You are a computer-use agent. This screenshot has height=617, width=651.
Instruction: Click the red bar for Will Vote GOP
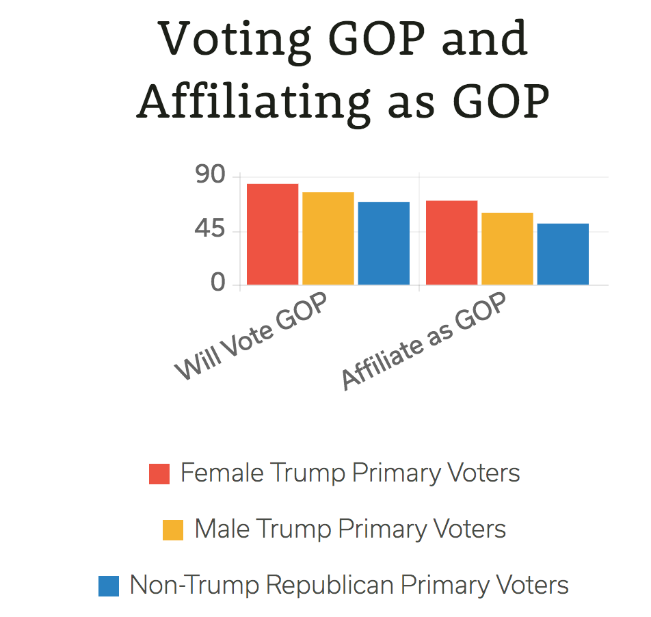(x=272, y=234)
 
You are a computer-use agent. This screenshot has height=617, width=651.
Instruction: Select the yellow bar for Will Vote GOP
(x=328, y=238)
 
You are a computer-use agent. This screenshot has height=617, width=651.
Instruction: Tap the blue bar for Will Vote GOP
(x=384, y=243)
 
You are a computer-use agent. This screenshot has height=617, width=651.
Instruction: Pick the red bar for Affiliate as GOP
(x=451, y=242)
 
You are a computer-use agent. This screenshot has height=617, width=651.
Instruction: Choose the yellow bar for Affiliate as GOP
(x=507, y=248)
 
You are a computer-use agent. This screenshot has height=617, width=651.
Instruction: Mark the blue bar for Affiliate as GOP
(x=563, y=254)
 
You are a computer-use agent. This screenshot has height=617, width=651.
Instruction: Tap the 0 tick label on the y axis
(x=218, y=283)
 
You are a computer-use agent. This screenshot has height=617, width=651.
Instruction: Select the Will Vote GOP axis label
(x=251, y=337)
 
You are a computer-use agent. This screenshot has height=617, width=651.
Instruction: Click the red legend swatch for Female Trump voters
(x=159, y=473)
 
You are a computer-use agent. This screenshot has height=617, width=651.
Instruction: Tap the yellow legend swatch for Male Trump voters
(x=173, y=529)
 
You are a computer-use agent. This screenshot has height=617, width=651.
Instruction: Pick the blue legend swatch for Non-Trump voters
(x=109, y=586)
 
